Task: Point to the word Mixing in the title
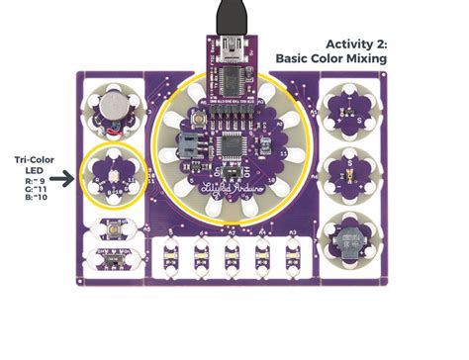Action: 360,59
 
